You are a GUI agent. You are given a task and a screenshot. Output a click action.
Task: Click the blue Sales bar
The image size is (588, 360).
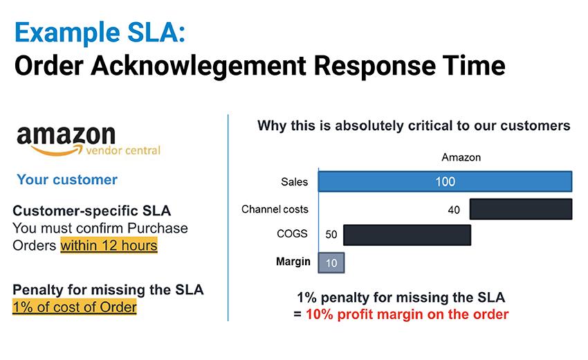coord(445,181)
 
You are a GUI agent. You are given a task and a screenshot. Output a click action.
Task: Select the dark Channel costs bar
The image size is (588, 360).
coord(521,209)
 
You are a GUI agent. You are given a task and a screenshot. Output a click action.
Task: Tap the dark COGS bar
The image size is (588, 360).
coord(407,235)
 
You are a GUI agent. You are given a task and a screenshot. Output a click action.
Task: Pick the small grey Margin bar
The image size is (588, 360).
coord(331,262)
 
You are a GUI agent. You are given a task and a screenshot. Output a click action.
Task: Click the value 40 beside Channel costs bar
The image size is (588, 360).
coord(454,210)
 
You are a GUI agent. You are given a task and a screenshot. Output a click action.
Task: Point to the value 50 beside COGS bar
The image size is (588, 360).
coord(331,235)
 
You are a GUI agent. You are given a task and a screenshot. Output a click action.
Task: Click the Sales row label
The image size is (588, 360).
coord(295,182)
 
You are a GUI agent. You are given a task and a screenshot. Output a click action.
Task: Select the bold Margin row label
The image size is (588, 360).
coord(293,262)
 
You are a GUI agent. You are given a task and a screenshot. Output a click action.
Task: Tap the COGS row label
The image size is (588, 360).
coord(292,233)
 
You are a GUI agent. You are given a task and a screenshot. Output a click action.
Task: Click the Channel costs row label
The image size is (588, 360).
coord(275,209)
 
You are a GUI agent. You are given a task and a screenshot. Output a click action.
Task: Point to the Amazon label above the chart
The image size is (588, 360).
coord(461,157)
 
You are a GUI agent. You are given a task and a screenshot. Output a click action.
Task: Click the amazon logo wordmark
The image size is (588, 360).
coord(66,135)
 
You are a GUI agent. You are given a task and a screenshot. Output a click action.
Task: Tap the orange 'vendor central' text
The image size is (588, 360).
coord(123,150)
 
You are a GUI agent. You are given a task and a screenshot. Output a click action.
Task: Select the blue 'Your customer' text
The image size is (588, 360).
coord(67,180)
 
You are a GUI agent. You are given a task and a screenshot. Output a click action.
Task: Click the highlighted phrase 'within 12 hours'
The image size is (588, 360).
coord(109,246)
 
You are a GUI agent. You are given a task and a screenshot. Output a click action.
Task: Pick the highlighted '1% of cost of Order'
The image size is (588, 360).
coord(74,307)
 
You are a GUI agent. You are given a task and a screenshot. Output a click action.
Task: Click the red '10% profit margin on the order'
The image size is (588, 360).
coord(407,314)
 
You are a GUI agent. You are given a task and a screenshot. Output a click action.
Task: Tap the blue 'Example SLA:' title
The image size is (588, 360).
coord(100,33)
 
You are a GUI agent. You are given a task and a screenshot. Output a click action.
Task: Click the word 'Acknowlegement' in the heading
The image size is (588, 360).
coord(199,66)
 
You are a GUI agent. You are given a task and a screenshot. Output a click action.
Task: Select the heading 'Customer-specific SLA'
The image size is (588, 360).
coord(92,211)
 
